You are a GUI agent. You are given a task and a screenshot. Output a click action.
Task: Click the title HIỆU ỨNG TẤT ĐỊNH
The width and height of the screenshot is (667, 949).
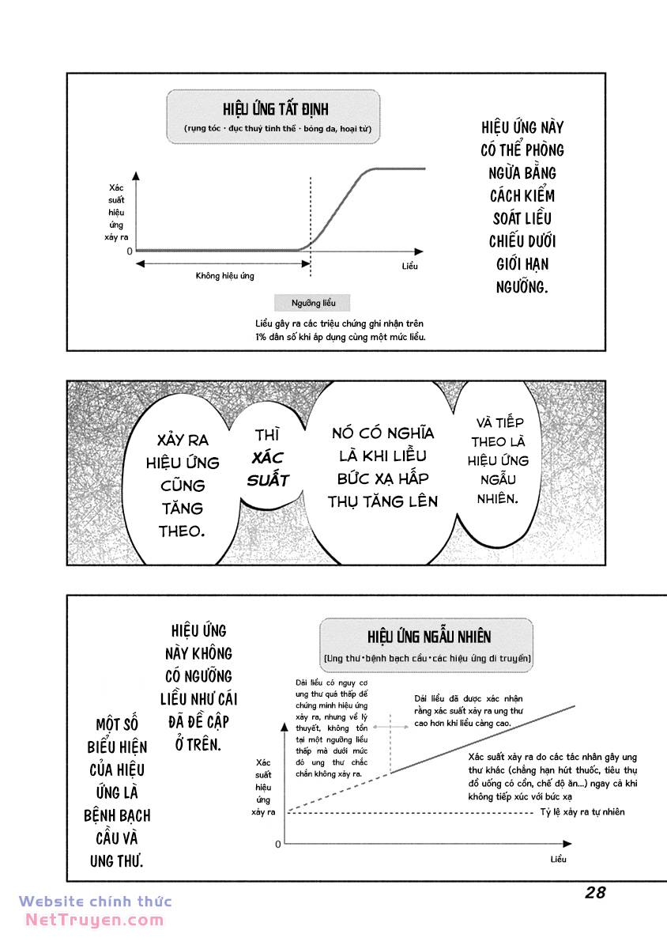pyautogui.click(x=275, y=108)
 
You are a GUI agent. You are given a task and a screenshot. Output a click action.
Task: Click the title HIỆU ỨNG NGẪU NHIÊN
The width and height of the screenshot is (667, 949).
pyautogui.click(x=428, y=637)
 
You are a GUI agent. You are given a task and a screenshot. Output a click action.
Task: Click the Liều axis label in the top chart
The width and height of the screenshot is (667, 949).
pyautogui.click(x=409, y=267)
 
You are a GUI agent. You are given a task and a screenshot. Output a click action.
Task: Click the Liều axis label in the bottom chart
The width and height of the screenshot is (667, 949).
pyautogui.click(x=558, y=859)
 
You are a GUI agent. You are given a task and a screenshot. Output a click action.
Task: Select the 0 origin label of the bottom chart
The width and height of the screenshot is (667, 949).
pyautogui.click(x=278, y=845)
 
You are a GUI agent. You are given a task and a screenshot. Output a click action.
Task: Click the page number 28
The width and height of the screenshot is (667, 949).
pyautogui.click(x=595, y=893)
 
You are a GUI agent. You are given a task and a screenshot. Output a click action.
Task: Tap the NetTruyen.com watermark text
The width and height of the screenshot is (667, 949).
pyautogui.click(x=94, y=920)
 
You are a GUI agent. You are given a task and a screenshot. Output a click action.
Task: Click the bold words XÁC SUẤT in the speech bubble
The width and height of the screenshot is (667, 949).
pyautogui.click(x=268, y=468)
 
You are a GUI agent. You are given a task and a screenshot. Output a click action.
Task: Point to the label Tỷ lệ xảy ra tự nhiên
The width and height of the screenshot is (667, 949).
pyautogui.click(x=582, y=812)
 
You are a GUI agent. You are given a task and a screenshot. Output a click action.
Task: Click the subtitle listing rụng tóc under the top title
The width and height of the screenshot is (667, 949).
pyautogui.click(x=274, y=128)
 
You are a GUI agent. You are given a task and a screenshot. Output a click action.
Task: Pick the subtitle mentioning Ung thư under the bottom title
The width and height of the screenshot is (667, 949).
pyautogui.click(x=428, y=658)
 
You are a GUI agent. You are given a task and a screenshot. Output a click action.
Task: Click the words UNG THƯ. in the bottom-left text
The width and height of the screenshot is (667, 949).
pyautogui.click(x=117, y=860)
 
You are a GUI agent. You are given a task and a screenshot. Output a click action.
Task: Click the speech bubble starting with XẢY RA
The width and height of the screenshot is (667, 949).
pyautogui.click(x=183, y=485)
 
